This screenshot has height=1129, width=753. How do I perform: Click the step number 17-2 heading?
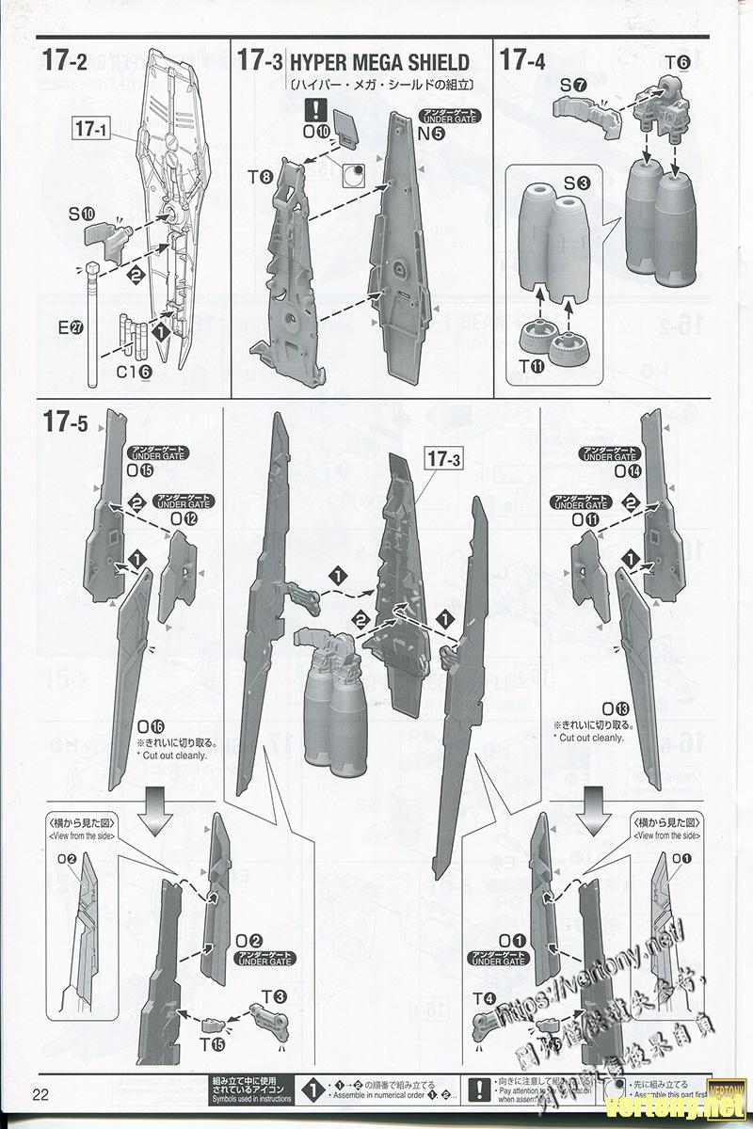point(65,61)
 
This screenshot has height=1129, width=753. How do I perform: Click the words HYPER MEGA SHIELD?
point(379,63)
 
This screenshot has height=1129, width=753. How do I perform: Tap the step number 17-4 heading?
point(522,61)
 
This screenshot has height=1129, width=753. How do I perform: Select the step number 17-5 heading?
point(65,423)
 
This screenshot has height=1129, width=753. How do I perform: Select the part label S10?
point(81,214)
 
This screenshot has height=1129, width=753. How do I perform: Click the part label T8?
point(260,176)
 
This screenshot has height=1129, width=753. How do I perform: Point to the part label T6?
point(678,64)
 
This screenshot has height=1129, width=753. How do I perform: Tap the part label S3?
point(576,183)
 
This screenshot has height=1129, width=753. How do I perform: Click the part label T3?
point(274,989)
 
